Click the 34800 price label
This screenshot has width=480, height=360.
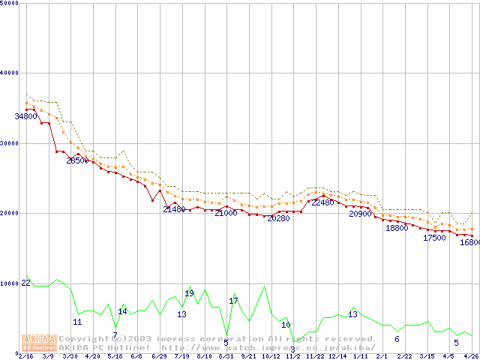(x=25, y=117)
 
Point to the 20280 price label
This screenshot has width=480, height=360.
(x=278, y=218)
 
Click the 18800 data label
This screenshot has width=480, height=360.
(x=397, y=229)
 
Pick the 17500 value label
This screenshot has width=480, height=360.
(x=434, y=238)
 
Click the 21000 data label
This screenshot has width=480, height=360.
(x=226, y=214)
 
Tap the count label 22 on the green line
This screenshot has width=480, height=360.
(x=25, y=283)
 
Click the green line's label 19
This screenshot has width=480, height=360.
(x=189, y=294)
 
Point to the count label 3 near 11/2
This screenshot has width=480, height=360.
(x=292, y=349)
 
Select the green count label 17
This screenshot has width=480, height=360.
(x=233, y=301)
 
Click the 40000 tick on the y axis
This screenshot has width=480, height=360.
(x=10, y=73)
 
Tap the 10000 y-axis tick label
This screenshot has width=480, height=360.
(x=10, y=283)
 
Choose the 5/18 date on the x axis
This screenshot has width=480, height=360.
(x=115, y=356)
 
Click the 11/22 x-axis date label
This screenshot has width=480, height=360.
(x=315, y=356)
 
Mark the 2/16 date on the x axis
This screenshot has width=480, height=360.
(x=25, y=356)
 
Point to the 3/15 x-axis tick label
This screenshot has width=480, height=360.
(x=427, y=356)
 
